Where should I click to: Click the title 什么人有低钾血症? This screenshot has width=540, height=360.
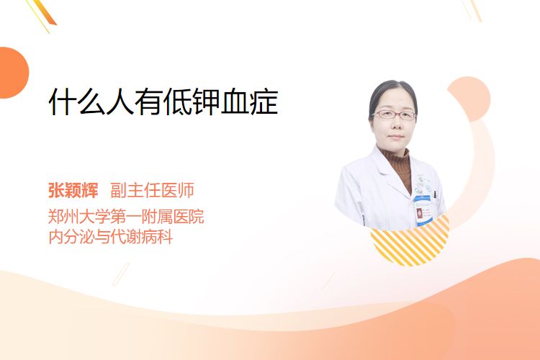pyautogui.click(x=163, y=102)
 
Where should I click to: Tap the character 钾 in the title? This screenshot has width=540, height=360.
pyautogui.click(x=207, y=102)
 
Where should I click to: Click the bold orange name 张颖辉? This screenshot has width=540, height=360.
pyautogui.click(x=73, y=190)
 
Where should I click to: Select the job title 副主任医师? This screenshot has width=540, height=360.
pyautogui.click(x=152, y=190)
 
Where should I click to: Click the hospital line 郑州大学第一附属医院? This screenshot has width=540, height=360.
pyautogui.click(x=126, y=216)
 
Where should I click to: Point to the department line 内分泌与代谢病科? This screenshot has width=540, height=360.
pyautogui.click(x=111, y=237)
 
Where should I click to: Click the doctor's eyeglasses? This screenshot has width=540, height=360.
pyautogui.click(x=394, y=114)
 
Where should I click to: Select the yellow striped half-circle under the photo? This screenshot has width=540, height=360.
pyautogui.click(x=410, y=243)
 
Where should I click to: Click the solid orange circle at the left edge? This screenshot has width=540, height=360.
pyautogui.click(x=13, y=73)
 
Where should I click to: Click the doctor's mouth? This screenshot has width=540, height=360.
pyautogui.click(x=395, y=137)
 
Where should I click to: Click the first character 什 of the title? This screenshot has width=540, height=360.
pyautogui.click(x=63, y=102)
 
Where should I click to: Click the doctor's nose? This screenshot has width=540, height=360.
pyautogui.click(x=395, y=125)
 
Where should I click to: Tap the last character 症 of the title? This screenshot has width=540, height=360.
pyautogui.click(x=264, y=102)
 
